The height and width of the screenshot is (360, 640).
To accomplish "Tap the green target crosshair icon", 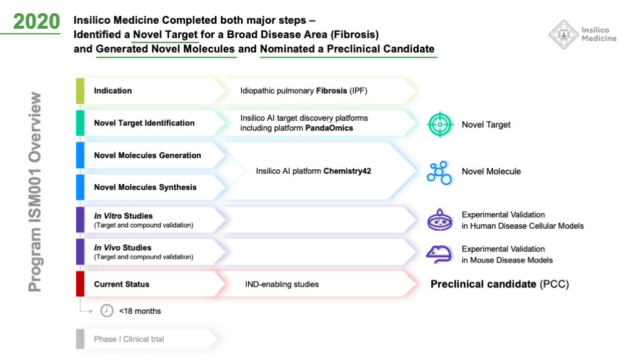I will click(440, 124).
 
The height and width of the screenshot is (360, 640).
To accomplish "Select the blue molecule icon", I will click(439, 172).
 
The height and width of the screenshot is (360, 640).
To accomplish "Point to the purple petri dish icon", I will click(440, 220).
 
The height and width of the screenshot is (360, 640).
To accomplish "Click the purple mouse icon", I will click(440, 253).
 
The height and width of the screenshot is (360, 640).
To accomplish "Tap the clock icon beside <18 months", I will click(107, 311).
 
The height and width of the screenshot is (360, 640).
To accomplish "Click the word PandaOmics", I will click(329, 128).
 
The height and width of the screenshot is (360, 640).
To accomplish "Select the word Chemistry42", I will click(347, 171).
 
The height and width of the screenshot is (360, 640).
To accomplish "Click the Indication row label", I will click(113, 91).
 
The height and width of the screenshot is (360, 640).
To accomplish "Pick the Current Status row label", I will click(122, 284).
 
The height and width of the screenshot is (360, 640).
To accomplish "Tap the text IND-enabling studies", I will click(282, 284).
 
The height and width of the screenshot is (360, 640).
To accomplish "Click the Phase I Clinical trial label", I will click(129, 339).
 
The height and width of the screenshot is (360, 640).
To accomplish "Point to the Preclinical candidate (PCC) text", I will click(499, 284).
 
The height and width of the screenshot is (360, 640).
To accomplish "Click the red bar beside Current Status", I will click(80, 284).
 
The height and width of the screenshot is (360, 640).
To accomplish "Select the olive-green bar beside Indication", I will click(80, 91).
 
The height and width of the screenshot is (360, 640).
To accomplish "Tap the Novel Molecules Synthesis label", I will click(145, 187).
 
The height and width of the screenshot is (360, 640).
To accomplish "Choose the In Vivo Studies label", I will click(122, 247).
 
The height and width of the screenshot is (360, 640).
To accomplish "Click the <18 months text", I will click(140, 311).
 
